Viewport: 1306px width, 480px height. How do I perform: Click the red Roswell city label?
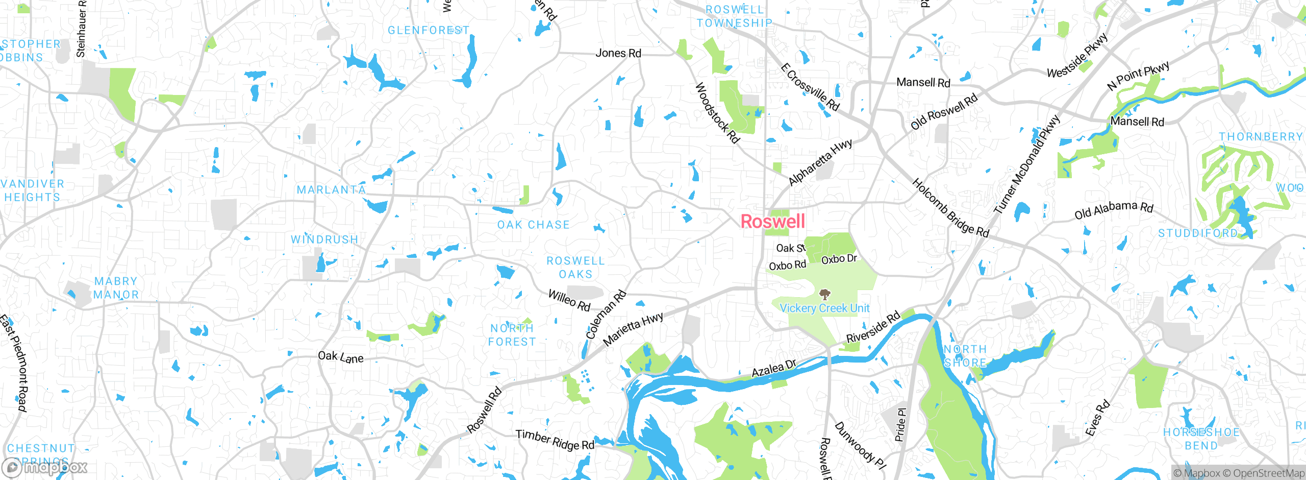tap(772, 222)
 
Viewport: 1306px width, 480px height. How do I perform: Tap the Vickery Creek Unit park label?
tap(824, 308)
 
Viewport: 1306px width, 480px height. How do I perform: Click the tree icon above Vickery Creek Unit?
tap(824, 294)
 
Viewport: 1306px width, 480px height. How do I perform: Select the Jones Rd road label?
tap(618, 53)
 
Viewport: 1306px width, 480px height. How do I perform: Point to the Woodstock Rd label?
tap(717, 113)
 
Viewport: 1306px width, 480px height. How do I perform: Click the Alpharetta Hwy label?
tap(820, 162)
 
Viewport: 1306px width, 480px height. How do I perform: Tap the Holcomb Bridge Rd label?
tap(950, 208)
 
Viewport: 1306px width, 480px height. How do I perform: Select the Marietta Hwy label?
tap(633, 329)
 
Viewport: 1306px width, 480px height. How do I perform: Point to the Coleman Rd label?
tap(606, 315)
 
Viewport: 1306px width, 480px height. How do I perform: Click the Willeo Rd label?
tap(569, 300)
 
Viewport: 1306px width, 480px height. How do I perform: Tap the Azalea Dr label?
tap(773, 368)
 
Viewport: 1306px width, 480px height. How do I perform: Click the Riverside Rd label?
tap(873, 328)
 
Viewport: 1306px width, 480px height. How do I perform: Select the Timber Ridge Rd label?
tap(555, 440)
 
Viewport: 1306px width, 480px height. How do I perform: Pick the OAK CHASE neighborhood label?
tap(533, 225)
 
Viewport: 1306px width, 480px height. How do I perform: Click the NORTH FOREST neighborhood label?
tap(512, 335)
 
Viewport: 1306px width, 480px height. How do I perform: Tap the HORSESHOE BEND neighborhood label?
tap(1201, 439)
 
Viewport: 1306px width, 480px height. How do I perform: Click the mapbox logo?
tap(44, 467)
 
